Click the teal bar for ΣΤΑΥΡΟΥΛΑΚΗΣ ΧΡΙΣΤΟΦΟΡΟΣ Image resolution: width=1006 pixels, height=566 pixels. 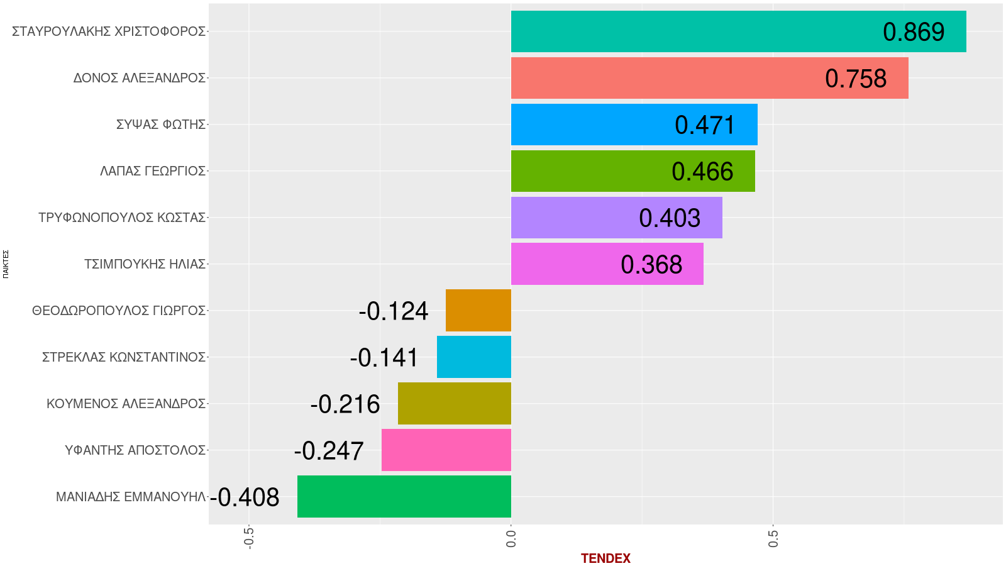[692, 31]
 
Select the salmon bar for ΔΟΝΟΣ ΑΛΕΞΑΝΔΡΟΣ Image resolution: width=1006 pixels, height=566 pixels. [660, 78]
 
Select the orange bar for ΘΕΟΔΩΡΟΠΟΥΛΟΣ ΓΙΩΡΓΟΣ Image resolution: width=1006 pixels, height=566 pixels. [478, 310]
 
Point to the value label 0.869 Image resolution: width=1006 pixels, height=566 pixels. [914, 32]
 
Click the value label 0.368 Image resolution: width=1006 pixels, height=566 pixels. [651, 265]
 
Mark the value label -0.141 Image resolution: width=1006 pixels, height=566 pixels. [384, 358]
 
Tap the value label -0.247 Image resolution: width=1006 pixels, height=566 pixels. [329, 451]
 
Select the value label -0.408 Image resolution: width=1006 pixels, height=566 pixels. [245, 497]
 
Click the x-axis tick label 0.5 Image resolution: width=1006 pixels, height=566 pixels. [773, 539]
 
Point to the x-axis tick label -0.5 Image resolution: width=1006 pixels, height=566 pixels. [249, 538]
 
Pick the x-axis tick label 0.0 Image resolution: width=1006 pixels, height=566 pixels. [511, 539]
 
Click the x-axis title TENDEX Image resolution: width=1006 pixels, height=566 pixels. [605, 558]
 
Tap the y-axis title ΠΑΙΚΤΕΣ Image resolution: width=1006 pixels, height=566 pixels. [6, 264]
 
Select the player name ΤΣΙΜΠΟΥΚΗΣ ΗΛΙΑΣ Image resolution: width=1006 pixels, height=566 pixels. [145, 264]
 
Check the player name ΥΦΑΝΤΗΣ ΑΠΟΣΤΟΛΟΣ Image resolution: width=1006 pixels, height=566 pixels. [135, 450]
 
